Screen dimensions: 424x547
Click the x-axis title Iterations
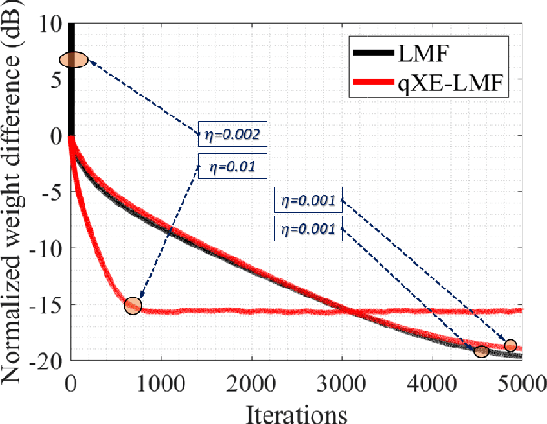297,411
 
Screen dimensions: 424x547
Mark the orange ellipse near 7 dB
75,60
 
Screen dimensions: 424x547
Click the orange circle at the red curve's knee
134,306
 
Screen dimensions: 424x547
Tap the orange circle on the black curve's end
482,351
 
